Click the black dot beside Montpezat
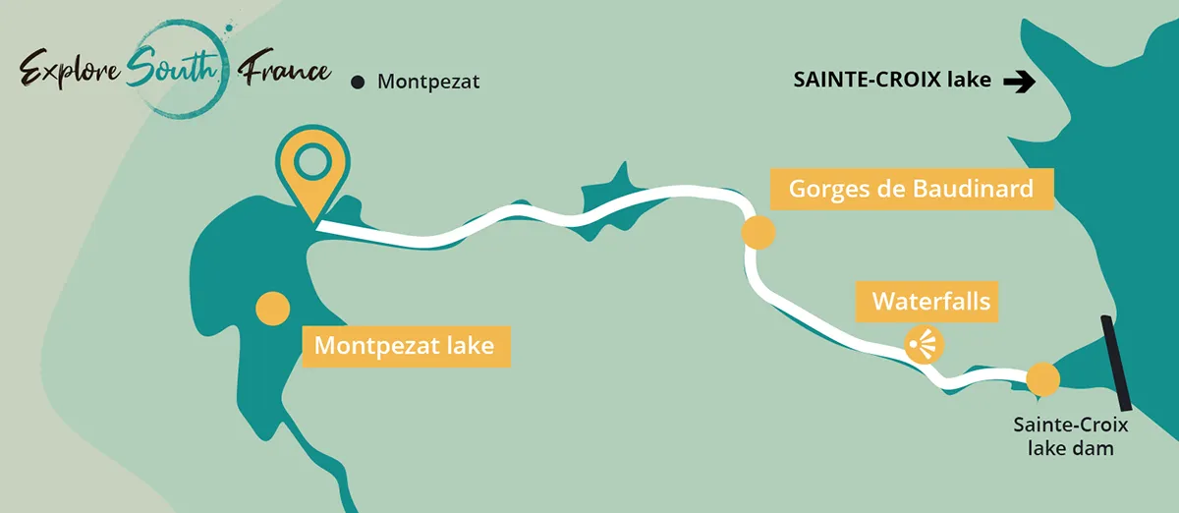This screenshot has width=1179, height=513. [x=358, y=83]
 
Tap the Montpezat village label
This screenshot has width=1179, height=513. [x=428, y=83]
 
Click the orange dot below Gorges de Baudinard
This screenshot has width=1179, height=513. [x=758, y=233]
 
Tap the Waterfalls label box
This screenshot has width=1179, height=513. [x=927, y=302]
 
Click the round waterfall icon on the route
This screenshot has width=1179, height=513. [x=924, y=344]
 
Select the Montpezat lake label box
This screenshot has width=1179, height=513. [x=406, y=346]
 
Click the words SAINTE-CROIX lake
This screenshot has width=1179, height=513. [x=892, y=82]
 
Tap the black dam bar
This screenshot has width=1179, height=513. [x=1117, y=363]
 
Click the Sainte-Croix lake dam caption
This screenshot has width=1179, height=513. [x=1071, y=436]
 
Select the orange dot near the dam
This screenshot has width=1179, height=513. [x=1041, y=378]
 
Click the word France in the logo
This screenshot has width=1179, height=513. [x=287, y=69]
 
